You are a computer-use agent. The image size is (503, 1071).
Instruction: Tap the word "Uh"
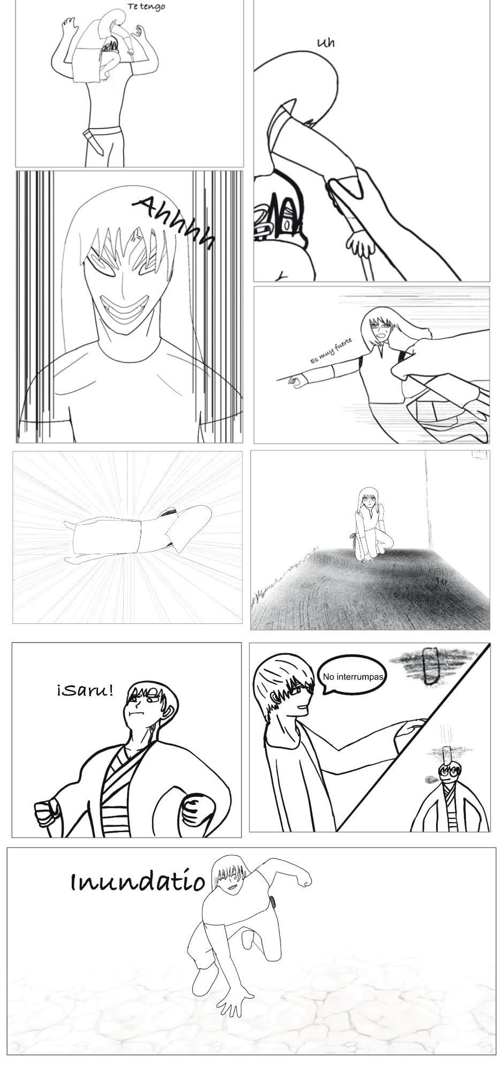point(326,42)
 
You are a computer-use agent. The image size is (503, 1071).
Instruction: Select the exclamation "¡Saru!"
point(85,690)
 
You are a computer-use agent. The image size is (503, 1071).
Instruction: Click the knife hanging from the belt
point(95,141)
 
